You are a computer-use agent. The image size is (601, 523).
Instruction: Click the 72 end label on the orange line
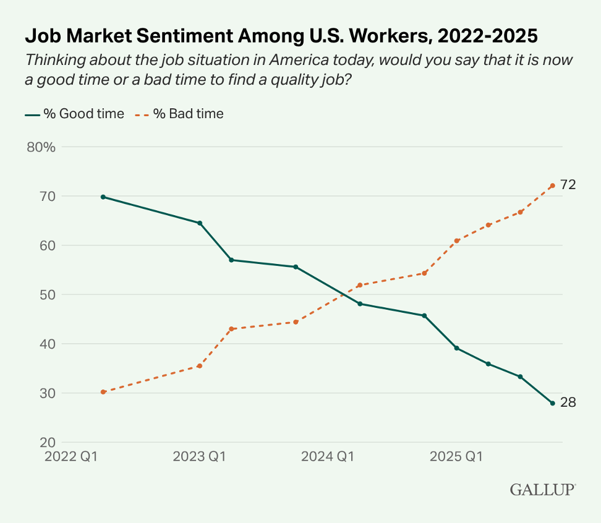(x=568, y=184)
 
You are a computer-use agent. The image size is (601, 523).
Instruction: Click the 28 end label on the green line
(x=568, y=402)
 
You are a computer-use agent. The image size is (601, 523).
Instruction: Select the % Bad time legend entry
(x=179, y=114)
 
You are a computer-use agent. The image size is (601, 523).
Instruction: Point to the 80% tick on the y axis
(x=41, y=147)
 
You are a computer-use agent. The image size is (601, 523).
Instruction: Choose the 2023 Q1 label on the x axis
(x=199, y=457)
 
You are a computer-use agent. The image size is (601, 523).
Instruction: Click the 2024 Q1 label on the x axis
(x=328, y=457)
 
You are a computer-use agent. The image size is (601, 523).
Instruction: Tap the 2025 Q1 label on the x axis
(x=456, y=457)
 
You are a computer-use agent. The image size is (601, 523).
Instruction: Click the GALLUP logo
(x=542, y=490)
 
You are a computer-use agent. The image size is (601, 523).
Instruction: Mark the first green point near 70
(x=103, y=197)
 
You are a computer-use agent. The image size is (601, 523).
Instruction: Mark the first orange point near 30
(x=103, y=392)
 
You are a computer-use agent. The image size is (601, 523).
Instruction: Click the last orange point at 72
(x=552, y=185)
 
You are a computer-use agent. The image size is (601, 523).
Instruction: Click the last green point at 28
(x=552, y=403)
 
